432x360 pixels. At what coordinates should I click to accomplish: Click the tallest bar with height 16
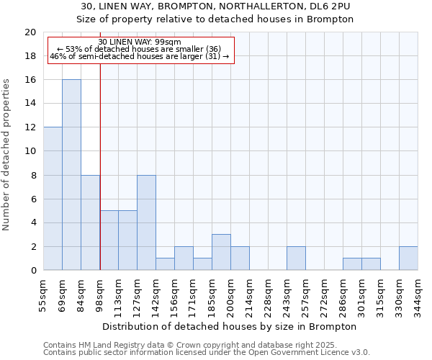tap(71, 175)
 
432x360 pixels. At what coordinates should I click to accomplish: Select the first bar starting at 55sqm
tap(53, 199)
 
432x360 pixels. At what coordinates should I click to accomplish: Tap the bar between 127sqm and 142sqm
tap(146, 222)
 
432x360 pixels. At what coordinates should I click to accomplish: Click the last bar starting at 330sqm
tap(408, 258)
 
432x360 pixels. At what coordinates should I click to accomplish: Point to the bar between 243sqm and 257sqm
tap(296, 258)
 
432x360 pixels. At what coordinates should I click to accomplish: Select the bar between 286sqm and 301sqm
tap(352, 264)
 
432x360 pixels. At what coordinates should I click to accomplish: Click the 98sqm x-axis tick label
tap(100, 292)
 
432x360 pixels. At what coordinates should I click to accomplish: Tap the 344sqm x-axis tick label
tap(418, 292)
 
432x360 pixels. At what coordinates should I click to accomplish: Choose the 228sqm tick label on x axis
tap(269, 292)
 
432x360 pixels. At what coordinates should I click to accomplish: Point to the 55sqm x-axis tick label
tap(44, 292)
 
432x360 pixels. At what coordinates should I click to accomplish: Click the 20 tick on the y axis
tap(30, 32)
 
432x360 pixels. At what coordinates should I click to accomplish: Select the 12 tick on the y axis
tap(30, 127)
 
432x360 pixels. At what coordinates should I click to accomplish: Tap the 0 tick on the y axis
tap(33, 271)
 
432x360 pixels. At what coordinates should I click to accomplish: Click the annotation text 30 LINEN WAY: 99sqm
tap(140, 42)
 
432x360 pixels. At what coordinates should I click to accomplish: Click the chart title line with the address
tap(215, 6)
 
